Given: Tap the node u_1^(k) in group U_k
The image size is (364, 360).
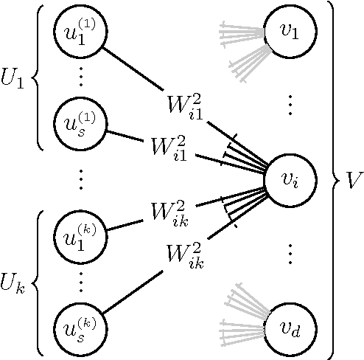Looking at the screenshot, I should (x=80, y=235).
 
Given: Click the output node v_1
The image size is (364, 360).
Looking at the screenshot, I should (x=290, y=31).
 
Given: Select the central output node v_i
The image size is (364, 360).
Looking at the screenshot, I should (x=290, y=179).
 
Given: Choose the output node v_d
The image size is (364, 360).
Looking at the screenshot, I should (x=290, y=326).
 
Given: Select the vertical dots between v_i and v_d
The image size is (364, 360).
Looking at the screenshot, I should (x=290, y=253).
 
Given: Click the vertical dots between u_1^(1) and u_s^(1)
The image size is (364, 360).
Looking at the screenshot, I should (x=80, y=77).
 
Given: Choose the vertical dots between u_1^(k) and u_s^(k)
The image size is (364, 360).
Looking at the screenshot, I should (x=80, y=280).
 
